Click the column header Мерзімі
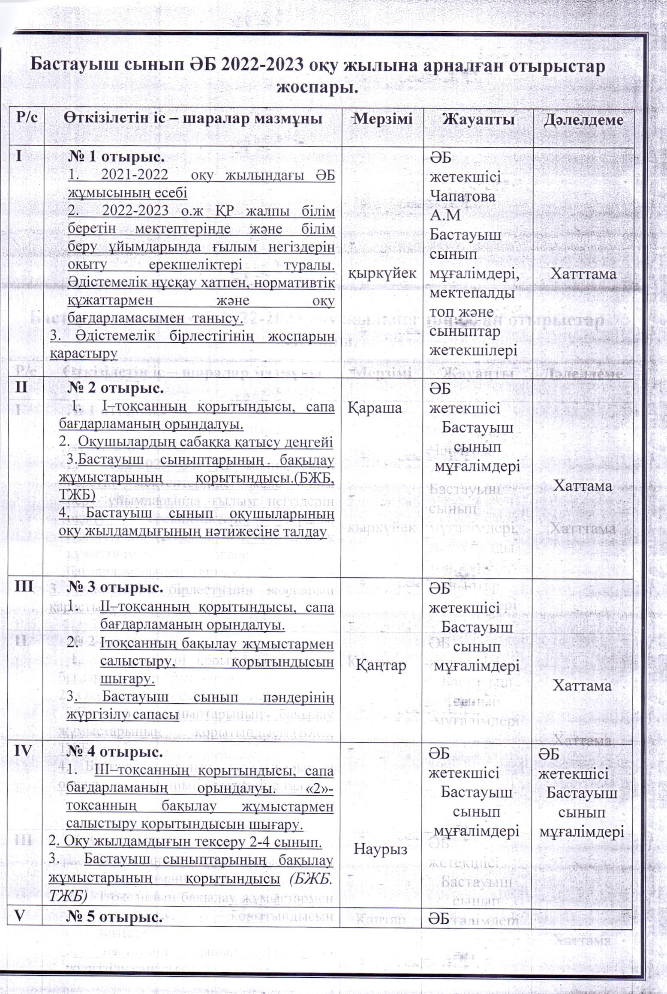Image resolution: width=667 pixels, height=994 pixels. tap(383, 119)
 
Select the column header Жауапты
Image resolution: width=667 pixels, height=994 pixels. tap(478, 119)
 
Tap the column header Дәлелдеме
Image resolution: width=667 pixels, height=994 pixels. tap(583, 120)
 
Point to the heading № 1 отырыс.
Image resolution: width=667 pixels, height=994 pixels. tap(116, 157)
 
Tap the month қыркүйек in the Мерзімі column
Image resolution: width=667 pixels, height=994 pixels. tap(382, 273)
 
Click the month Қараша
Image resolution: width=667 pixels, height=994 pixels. tap(375, 408)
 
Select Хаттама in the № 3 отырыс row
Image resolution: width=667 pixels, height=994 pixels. tap(581, 686)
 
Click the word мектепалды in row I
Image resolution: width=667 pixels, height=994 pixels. tap(472, 293)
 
